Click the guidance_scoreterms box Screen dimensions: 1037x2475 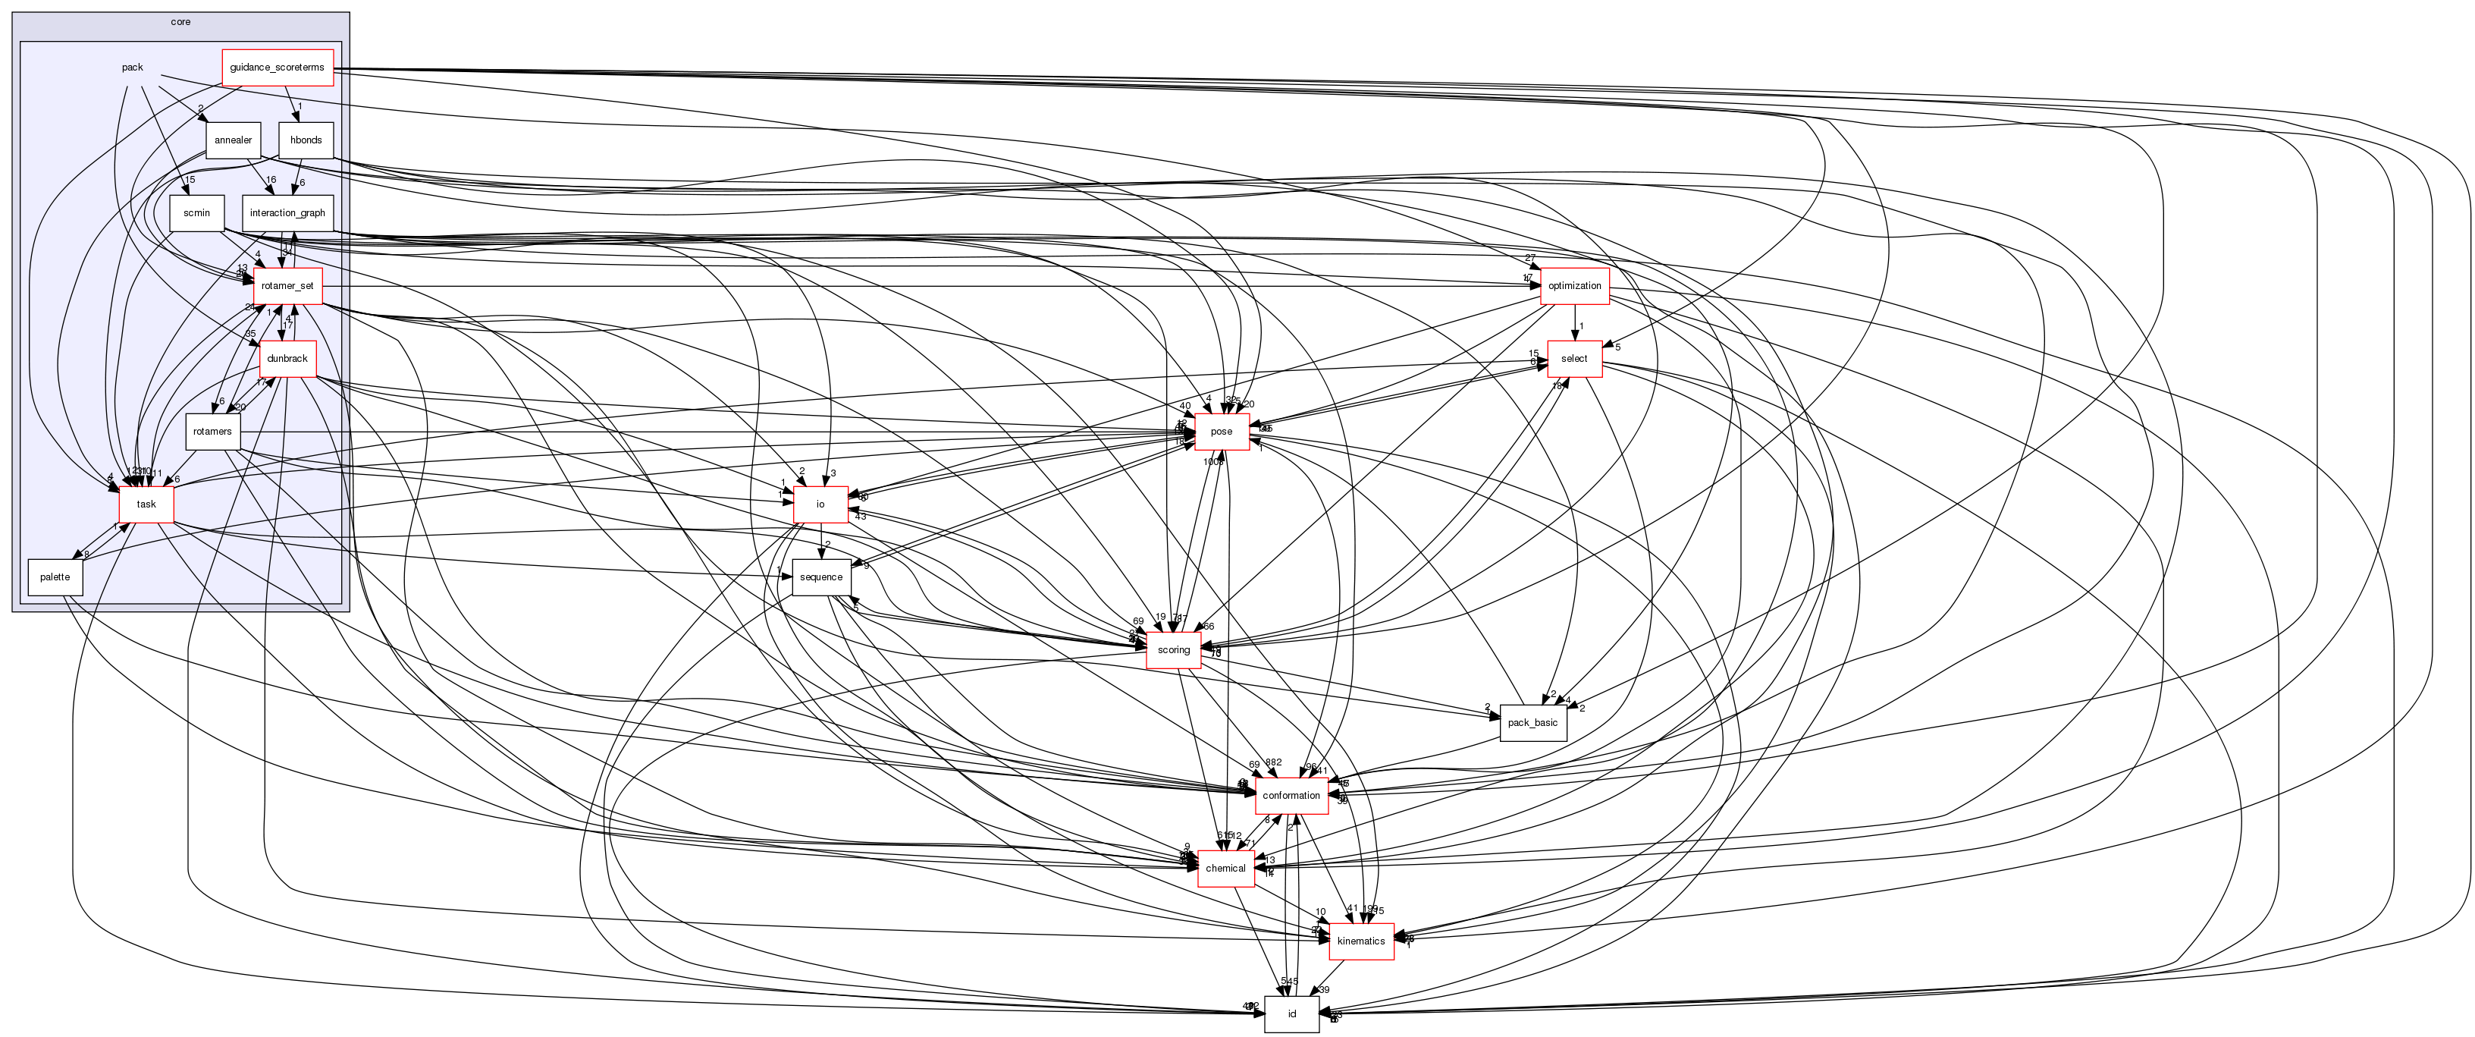[x=277, y=68]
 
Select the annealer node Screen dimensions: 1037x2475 [x=233, y=140]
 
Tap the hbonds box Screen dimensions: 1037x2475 [x=306, y=140]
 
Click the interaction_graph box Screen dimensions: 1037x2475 [x=287, y=213]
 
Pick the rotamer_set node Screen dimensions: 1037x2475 [x=287, y=285]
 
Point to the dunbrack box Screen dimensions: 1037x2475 [x=287, y=359]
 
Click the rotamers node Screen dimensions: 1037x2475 [x=212, y=432]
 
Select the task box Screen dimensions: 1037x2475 [x=146, y=504]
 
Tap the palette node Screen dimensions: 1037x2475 [x=55, y=577]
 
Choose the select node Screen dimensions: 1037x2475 [x=1573, y=359]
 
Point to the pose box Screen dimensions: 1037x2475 [x=1221, y=432]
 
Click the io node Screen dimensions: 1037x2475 [x=820, y=504]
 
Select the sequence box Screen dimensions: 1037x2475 [x=820, y=577]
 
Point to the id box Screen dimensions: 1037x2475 [x=1291, y=1014]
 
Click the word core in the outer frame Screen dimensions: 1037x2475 [x=180, y=22]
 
